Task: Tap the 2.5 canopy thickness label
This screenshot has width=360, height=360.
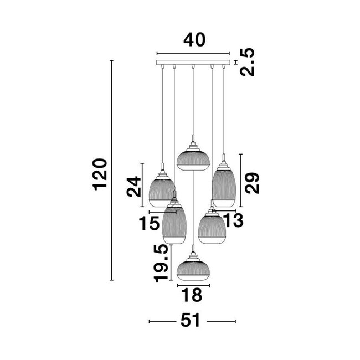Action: [x=248, y=63]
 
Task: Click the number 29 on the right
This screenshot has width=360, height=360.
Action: [x=253, y=182]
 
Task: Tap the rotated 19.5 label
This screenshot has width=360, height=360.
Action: [x=161, y=264]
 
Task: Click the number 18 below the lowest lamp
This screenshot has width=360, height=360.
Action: [x=193, y=295]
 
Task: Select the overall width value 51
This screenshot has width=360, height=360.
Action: [x=193, y=321]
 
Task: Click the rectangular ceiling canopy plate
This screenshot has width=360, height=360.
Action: [x=193, y=62]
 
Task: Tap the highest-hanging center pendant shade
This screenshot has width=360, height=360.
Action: [x=192, y=157]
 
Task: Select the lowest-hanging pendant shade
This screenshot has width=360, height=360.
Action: [x=192, y=268]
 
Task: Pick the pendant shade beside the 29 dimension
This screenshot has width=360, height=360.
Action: [x=224, y=186]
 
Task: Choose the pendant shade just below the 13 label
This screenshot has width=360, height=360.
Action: [x=211, y=228]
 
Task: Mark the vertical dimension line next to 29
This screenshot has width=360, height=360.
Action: [x=241, y=181]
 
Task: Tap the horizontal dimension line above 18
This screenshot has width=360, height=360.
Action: [x=193, y=285]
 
